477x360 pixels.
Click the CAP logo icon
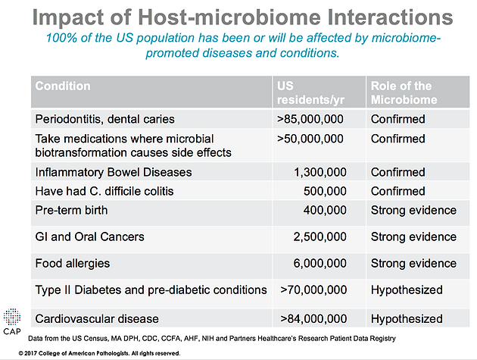click(x=12, y=317)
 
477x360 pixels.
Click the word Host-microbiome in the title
click(x=229, y=17)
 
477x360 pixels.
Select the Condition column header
click(x=63, y=86)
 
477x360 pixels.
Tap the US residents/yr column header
click(x=310, y=92)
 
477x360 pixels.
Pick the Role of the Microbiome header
click(x=404, y=92)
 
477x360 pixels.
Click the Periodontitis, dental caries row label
click(x=105, y=119)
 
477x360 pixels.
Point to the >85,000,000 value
click(x=310, y=119)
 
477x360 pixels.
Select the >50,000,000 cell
click(x=310, y=139)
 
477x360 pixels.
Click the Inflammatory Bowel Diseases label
click(x=114, y=172)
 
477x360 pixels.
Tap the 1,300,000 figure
click(x=320, y=172)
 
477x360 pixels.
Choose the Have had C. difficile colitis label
click(x=104, y=191)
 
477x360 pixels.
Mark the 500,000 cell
click(x=325, y=191)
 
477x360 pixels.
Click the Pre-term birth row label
click(x=71, y=210)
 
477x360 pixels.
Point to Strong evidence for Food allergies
click(x=413, y=264)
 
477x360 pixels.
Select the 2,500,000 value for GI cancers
click(x=320, y=237)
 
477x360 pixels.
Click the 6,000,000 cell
click(x=320, y=264)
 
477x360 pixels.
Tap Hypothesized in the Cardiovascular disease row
click(x=407, y=319)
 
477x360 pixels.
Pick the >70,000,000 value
click(x=313, y=290)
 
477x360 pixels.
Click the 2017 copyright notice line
click(x=99, y=353)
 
